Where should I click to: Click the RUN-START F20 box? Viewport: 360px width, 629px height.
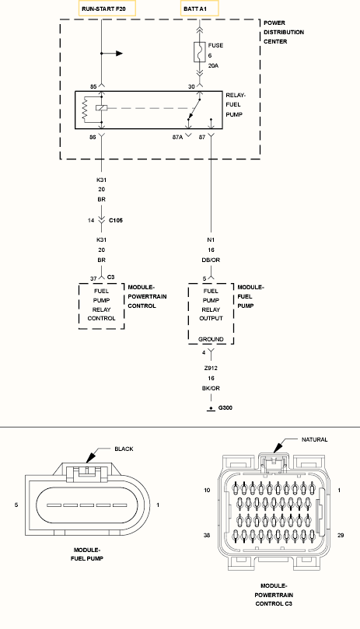pyautogui.click(x=107, y=9)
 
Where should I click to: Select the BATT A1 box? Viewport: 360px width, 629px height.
pyautogui.click(x=200, y=9)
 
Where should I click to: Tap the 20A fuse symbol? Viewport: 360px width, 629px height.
pyautogui.click(x=200, y=52)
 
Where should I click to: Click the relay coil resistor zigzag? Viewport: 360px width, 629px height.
pyautogui.click(x=85, y=108)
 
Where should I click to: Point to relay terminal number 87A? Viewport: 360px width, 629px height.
pyautogui.click(x=177, y=137)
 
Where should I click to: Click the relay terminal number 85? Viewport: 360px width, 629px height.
pyautogui.click(x=93, y=86)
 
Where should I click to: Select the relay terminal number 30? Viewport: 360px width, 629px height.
pyautogui.click(x=191, y=86)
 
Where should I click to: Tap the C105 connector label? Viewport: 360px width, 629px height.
pyautogui.click(x=116, y=220)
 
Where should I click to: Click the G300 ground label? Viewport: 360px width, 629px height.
pyautogui.click(x=225, y=408)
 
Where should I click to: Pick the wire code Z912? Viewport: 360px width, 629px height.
pyautogui.click(x=211, y=368)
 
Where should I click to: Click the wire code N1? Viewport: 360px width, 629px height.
pyautogui.click(x=211, y=240)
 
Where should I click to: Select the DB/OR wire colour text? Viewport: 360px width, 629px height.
pyautogui.click(x=211, y=260)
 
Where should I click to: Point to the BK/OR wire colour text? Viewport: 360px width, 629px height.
pyautogui.click(x=211, y=388)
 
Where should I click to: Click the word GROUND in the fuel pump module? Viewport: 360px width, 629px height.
pyautogui.click(x=211, y=339)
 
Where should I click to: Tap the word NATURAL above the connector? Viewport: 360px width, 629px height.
pyautogui.click(x=315, y=439)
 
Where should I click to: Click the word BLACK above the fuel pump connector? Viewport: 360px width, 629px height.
pyautogui.click(x=124, y=449)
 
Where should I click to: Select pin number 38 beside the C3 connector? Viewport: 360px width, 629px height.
pyautogui.click(x=207, y=535)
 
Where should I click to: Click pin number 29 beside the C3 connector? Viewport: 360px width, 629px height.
pyautogui.click(x=341, y=535)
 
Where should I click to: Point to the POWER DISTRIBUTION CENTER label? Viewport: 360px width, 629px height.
pyautogui.click(x=284, y=32)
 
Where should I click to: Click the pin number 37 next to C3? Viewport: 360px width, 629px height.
pyautogui.click(x=93, y=279)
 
